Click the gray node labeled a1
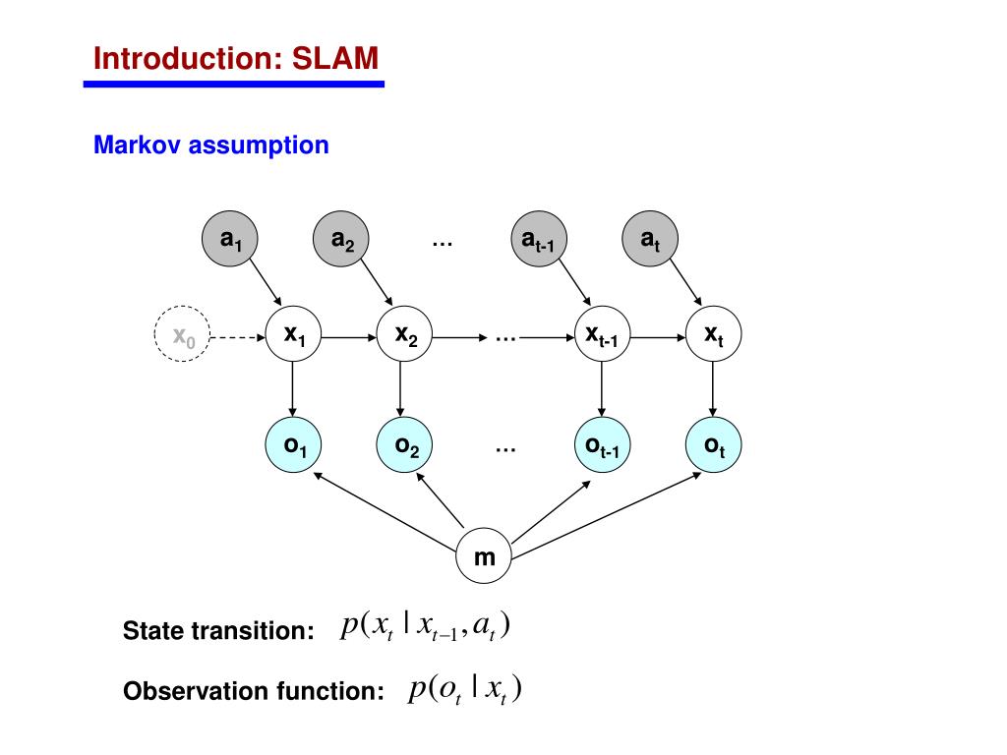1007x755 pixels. click(230, 239)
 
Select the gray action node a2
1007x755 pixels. click(341, 239)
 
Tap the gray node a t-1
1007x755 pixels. click(540, 239)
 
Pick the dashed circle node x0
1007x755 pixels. click(182, 334)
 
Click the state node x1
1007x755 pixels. click(293, 334)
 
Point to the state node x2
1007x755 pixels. click(404, 334)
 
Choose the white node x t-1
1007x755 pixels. click(603, 334)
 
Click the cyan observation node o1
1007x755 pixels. click(293, 445)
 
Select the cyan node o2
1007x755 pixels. click(404, 445)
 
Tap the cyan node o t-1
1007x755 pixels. click(603, 445)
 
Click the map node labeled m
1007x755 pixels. click(484, 556)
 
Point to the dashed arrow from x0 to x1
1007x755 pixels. click(238, 337)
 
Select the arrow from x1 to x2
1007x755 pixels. click(349, 337)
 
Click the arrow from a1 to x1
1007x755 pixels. click(266, 282)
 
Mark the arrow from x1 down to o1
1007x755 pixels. click(293, 389)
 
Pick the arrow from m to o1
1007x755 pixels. click(385, 511)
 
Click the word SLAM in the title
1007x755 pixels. click(335, 58)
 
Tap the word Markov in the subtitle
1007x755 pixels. click(138, 145)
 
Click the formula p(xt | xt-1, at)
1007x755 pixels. click(425, 625)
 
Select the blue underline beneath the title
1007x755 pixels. click(234, 85)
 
